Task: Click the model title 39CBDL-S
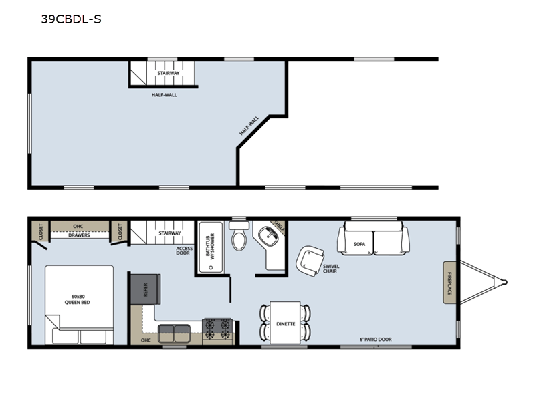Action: [x=72, y=19]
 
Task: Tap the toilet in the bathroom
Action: [x=239, y=236]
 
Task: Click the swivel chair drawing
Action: [x=310, y=261]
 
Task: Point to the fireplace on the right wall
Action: [x=449, y=283]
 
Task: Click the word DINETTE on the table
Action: [x=286, y=324]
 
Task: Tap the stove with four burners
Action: [x=217, y=329]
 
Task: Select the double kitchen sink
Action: [x=174, y=333]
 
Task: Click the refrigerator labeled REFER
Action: [x=146, y=289]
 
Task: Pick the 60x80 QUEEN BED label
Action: [x=78, y=299]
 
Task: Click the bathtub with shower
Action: [x=211, y=247]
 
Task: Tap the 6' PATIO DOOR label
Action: [x=375, y=340]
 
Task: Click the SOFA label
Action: [x=359, y=244]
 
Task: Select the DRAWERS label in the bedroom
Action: [x=79, y=235]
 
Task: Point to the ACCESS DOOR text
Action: [x=185, y=251]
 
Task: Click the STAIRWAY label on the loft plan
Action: [x=169, y=73]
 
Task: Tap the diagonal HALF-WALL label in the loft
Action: [x=249, y=126]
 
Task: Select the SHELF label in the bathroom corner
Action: [x=279, y=225]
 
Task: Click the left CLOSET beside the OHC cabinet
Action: [x=41, y=231]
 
